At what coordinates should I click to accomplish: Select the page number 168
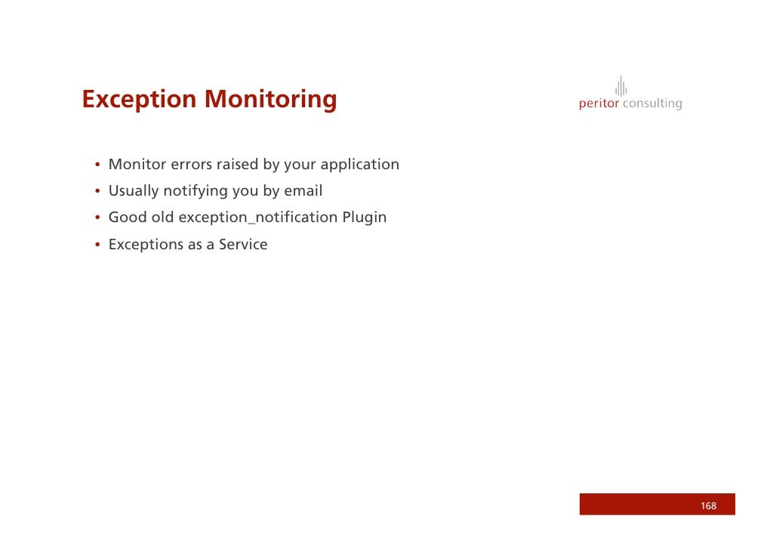[708, 505]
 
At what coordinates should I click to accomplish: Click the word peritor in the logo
[599, 104]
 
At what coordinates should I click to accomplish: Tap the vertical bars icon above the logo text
[621, 86]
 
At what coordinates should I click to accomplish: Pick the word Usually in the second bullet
[134, 190]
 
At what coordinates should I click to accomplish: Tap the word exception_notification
[258, 218]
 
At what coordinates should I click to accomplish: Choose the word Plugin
[364, 218]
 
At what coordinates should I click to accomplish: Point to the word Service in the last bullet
[243, 245]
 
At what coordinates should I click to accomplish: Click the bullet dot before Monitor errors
[97, 165]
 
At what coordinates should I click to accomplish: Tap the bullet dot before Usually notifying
[97, 192]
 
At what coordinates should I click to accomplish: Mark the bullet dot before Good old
[97, 219]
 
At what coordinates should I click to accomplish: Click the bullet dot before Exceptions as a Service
[97, 246]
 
